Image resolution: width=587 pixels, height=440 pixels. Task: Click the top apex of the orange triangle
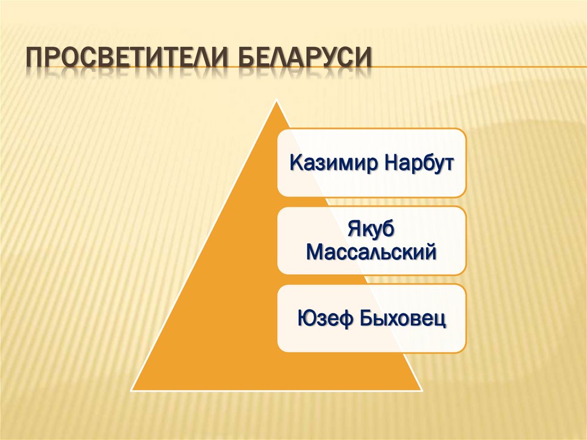tap(277, 103)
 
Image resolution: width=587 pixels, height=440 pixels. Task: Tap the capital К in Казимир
tap(296, 163)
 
